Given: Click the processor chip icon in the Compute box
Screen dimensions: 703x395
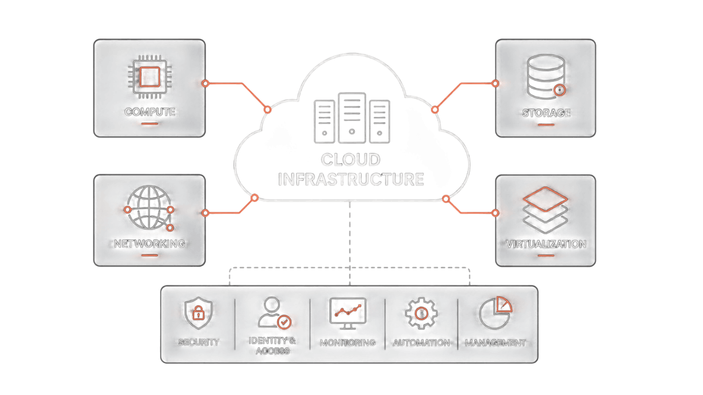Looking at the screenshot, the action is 150,77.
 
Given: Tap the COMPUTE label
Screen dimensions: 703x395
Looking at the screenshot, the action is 150,112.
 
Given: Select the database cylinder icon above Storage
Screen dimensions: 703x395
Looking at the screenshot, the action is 546,77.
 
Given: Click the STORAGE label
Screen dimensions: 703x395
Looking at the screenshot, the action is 546,113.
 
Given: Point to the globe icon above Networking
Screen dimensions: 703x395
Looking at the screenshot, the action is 149,208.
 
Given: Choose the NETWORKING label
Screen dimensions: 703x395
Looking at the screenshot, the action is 149,244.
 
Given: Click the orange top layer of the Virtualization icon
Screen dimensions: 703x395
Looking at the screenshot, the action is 545,199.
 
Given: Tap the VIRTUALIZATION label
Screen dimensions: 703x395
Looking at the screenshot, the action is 546,244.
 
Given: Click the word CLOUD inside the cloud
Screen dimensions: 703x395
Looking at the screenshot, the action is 351,160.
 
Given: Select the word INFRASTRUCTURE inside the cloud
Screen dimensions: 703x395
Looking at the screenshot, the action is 351,179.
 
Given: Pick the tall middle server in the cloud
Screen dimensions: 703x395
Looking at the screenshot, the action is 352,118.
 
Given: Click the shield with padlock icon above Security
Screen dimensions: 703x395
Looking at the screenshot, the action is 198,313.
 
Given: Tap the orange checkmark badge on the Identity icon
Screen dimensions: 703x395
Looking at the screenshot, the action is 284,322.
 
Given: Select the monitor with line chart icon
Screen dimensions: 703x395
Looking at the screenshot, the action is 348,313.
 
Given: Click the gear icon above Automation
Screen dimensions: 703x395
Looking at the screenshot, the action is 421,313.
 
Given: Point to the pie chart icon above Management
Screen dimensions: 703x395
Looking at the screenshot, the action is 495,313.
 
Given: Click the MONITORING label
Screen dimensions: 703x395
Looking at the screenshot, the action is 348,343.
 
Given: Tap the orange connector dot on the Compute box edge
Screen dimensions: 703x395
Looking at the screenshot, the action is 205,83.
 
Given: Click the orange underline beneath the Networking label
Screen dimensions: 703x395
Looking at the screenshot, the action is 150,255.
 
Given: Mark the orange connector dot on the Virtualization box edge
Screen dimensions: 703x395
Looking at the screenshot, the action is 495,213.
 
